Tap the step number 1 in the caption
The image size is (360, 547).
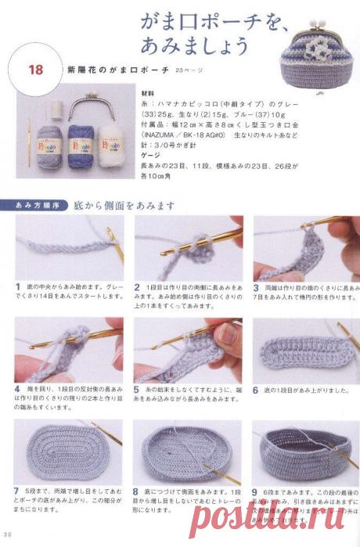[x=17, y=286]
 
